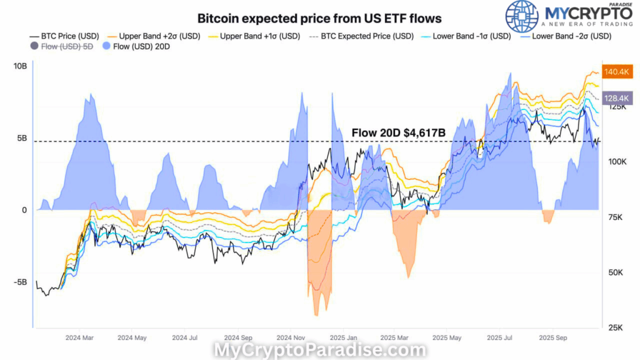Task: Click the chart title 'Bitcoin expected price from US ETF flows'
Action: tap(319, 19)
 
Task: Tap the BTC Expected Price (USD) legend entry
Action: tap(361, 36)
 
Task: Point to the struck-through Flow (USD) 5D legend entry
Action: tap(61, 47)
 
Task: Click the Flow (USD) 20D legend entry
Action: tap(138, 47)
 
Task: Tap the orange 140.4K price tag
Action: tap(617, 72)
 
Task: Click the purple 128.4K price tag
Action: tap(617, 97)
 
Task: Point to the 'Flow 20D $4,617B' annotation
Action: tap(397, 132)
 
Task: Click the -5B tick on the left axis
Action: tap(19, 282)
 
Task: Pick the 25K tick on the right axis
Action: tap(615, 327)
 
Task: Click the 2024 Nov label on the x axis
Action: tap(289, 337)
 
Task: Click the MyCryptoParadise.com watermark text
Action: tap(319, 351)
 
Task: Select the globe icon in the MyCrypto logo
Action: tap(521, 17)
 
